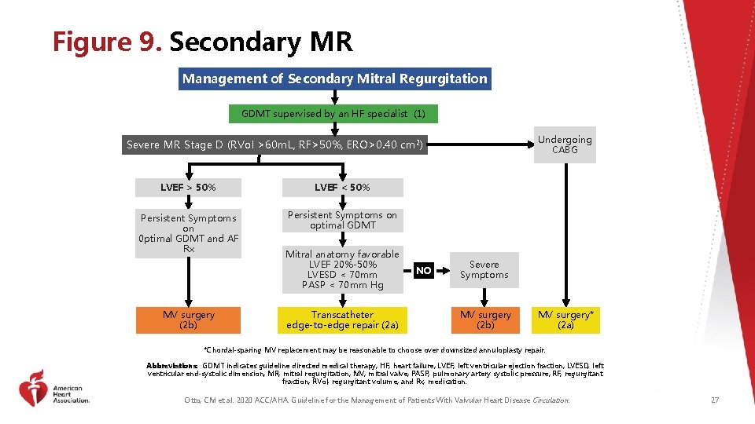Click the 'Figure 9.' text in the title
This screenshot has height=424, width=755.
click(107, 42)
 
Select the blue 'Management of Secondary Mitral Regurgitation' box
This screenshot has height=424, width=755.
click(335, 79)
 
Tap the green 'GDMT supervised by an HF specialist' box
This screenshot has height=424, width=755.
click(333, 114)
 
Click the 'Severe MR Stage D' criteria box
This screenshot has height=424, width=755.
click(275, 144)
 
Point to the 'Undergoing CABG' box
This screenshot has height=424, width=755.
click(564, 144)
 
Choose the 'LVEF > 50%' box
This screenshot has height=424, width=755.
click(188, 188)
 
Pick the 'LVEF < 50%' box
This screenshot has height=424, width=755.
click(342, 188)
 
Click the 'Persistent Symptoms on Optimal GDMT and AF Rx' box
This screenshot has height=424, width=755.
click(188, 233)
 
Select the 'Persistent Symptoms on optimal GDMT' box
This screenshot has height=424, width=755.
click(342, 220)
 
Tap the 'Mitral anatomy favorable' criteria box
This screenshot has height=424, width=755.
click(342, 269)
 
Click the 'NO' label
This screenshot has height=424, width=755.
click(424, 271)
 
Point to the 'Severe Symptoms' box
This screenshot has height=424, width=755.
click(484, 269)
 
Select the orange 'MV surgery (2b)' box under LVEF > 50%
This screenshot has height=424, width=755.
click(188, 320)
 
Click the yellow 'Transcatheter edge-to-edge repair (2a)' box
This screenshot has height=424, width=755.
click(342, 320)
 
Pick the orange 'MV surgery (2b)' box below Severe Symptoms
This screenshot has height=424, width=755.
click(485, 320)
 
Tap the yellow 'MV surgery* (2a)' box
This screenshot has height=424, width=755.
click(565, 320)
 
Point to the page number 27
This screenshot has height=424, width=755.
click(714, 400)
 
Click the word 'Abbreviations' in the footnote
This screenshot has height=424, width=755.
click(172, 366)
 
